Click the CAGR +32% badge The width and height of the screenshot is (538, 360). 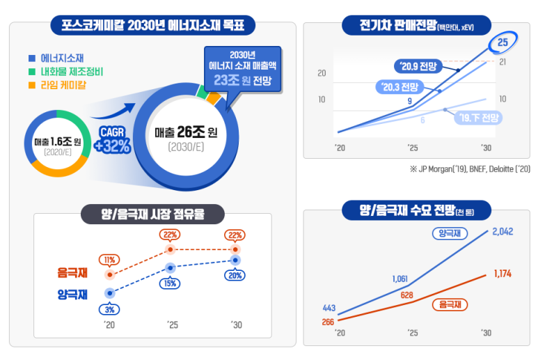click(x=112, y=139)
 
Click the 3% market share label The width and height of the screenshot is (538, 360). click(x=110, y=309)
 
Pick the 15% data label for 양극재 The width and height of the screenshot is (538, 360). click(x=170, y=283)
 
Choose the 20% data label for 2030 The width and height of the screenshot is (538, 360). click(x=236, y=274)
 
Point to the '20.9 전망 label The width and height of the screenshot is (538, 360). click(x=416, y=67)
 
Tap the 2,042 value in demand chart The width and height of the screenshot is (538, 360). click(x=502, y=231)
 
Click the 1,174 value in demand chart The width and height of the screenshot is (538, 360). click(x=503, y=274)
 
